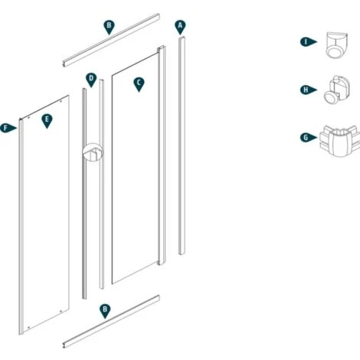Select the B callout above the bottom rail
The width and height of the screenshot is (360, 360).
click(105, 309)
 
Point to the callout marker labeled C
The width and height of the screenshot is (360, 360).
click(139, 83)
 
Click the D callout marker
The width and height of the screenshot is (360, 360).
click(91, 79)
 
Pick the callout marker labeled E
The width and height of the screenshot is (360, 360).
click(47, 120)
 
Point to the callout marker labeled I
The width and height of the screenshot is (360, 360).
click(306, 42)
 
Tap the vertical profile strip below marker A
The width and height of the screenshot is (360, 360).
click(182, 146)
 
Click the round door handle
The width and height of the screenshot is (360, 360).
click(92, 154)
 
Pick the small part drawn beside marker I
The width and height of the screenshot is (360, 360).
click(335, 44)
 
